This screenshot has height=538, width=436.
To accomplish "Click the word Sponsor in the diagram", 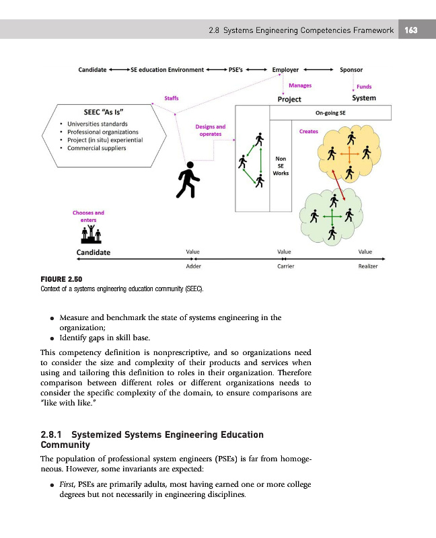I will coord(351,69).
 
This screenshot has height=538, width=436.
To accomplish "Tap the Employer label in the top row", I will coord(285,69).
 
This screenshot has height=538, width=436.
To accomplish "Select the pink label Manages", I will coord(299,85).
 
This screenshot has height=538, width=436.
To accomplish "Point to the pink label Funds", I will coord(364,86).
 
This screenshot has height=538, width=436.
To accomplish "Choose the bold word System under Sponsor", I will coord(364,98).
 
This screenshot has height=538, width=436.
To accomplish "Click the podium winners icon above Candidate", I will coord(90,233).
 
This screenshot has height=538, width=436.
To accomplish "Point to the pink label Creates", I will coord(308,132).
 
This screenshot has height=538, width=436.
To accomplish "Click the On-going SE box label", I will coord(330,114).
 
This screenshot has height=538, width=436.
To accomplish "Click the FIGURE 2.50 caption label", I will coord(61,279).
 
